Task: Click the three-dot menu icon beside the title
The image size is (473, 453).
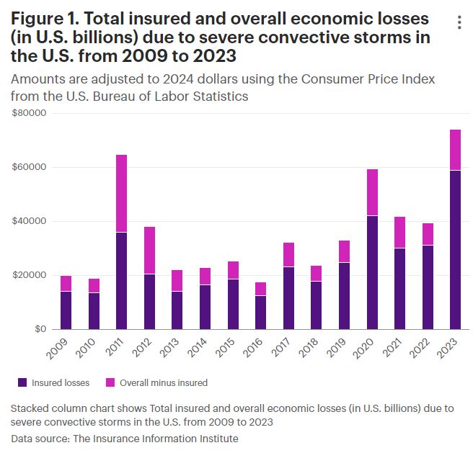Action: (459, 22)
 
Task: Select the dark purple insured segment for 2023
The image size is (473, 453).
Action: (455, 249)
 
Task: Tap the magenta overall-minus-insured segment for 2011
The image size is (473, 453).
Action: (122, 193)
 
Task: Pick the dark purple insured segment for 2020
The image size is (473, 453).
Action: (372, 272)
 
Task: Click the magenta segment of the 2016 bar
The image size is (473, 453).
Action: (261, 289)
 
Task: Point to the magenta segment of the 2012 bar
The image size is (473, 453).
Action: (149, 250)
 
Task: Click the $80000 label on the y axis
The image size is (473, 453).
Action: (30, 113)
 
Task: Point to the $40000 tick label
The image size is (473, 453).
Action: (30, 221)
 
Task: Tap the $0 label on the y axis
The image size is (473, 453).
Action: (39, 329)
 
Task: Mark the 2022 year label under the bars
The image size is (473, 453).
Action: (425, 348)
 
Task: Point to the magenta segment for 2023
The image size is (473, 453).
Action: (455, 150)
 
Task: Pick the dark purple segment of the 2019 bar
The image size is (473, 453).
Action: (344, 295)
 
